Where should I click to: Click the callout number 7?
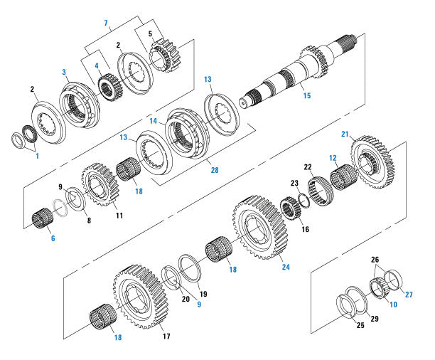click(x=106, y=24)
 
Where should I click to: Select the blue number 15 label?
click(x=306, y=95)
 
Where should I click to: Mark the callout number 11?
click(x=119, y=215)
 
